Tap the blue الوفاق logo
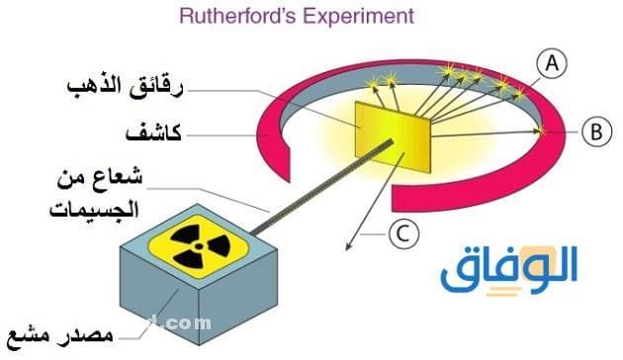(x=509, y=267)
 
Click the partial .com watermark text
(x=188, y=321)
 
